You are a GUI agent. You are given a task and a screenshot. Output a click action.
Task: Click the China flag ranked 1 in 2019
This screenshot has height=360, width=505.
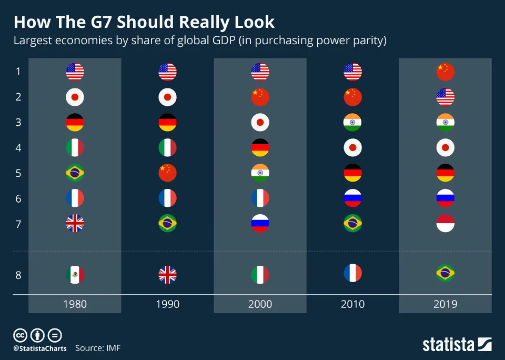446,72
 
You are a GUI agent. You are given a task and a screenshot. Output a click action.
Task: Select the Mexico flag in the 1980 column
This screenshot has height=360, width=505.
75,275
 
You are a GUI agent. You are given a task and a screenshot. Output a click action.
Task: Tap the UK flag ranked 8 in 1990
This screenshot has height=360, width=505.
167,275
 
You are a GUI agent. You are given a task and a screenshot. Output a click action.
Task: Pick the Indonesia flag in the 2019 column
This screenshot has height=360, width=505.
446,223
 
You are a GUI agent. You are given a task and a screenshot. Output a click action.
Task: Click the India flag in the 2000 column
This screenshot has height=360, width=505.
260,173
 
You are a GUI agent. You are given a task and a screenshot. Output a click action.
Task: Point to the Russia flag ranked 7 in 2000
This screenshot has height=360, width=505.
260,223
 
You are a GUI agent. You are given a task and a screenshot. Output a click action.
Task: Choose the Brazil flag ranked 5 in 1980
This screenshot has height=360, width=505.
75,173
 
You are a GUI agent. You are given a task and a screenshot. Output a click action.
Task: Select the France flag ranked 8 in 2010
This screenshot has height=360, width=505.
353,273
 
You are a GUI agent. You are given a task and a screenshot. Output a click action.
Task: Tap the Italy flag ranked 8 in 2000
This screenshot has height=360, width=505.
260,275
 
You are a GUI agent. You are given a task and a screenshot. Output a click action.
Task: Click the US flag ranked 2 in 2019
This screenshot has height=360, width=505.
446,97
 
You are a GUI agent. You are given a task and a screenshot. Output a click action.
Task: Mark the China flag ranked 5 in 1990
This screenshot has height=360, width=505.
167,173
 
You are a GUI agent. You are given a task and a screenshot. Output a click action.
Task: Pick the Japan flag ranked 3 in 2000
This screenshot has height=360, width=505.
260,122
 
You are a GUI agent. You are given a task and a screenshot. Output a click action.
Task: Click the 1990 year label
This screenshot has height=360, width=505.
167,304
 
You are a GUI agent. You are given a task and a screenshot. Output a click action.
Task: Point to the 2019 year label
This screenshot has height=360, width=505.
446,304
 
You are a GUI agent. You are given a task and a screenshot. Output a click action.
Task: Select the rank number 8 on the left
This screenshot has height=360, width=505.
18,275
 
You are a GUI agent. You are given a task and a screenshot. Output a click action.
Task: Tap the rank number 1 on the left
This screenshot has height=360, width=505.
18,72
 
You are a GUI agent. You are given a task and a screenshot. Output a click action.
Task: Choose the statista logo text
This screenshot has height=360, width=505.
448,345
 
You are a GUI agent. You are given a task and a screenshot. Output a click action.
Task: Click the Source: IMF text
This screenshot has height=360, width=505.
98,348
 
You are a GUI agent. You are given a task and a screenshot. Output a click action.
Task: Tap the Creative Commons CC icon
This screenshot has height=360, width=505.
19,335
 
